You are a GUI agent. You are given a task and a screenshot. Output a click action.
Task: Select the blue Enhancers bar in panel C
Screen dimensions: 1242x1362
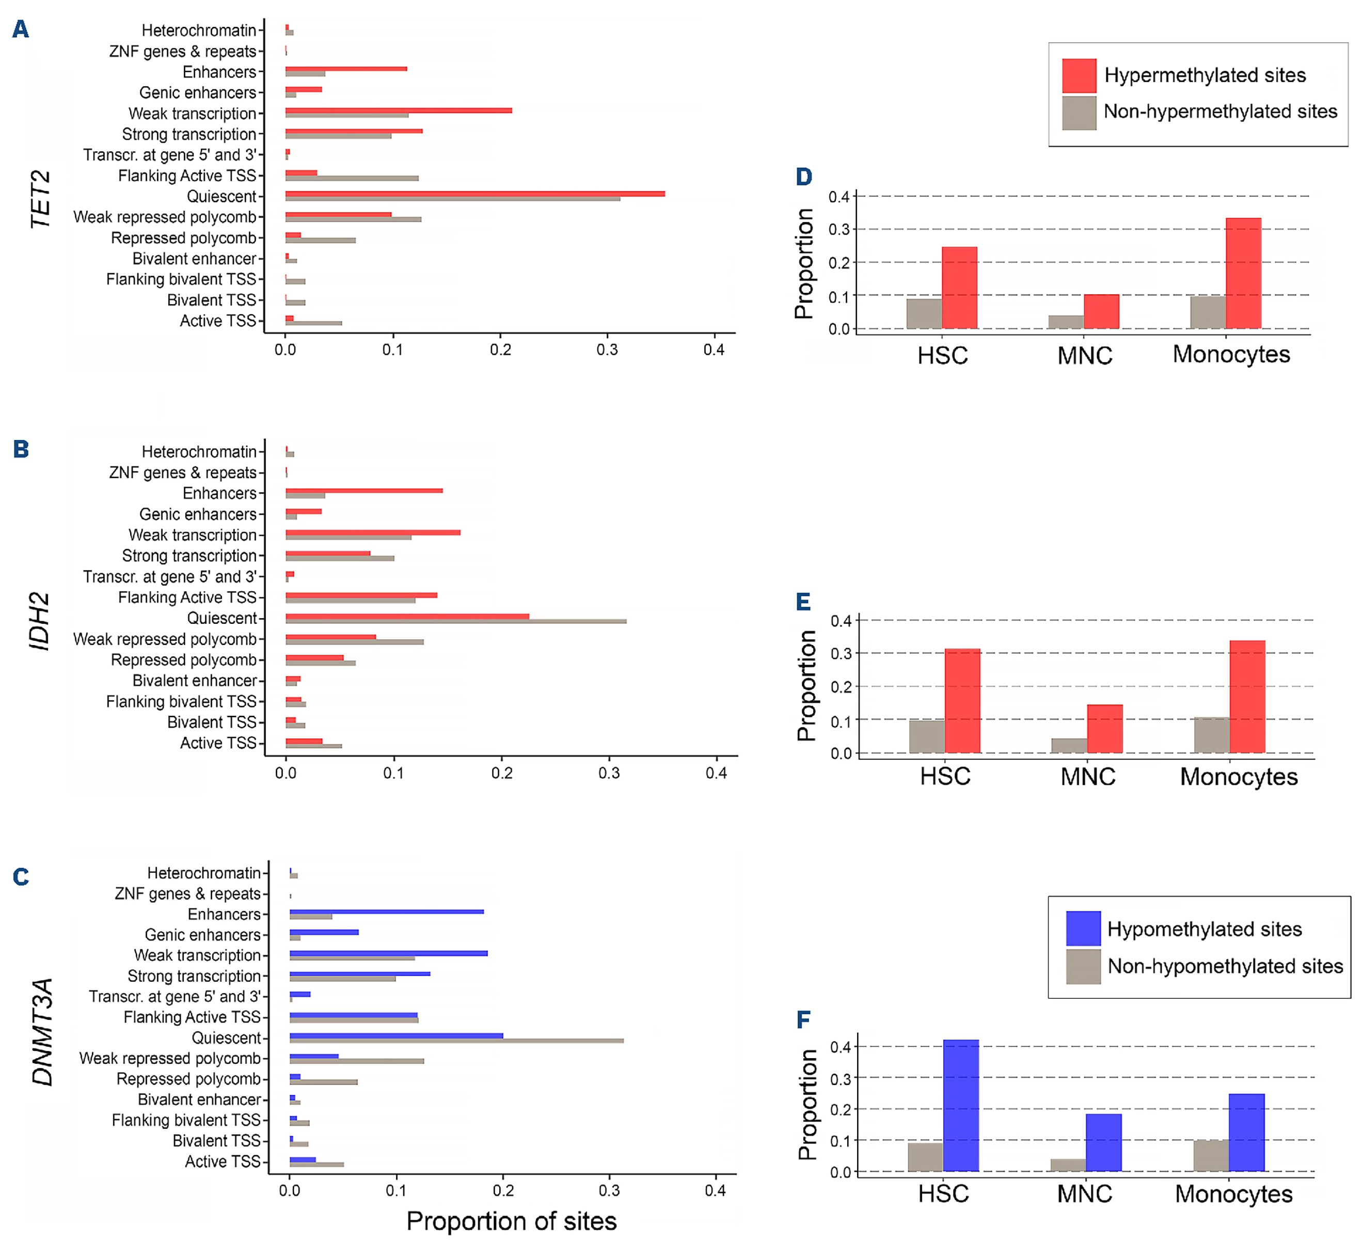pyautogui.click(x=386, y=911)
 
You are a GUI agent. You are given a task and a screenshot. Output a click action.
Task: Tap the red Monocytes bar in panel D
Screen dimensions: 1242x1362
pyautogui.click(x=1243, y=274)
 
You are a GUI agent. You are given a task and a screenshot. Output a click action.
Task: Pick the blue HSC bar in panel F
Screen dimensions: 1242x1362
pyautogui.click(x=961, y=1106)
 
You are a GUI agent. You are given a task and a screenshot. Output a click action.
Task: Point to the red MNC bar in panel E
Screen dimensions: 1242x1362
pyautogui.click(x=1104, y=729)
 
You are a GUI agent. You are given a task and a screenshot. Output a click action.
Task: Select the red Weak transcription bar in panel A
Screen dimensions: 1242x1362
pyautogui.click(x=399, y=110)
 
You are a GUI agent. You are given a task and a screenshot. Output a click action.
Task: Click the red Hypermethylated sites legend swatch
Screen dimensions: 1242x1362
pyautogui.click(x=1079, y=76)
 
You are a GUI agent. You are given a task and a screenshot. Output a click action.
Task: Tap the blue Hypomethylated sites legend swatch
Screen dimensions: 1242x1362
pyautogui.click(x=1083, y=929)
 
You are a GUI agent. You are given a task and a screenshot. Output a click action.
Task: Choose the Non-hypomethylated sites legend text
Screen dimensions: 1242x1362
pyautogui.click(x=1225, y=966)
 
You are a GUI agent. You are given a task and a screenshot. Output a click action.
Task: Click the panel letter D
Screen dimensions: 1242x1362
pyautogui.click(x=803, y=177)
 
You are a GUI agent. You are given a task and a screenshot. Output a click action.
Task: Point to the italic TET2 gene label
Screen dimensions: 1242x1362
pyautogui.click(x=41, y=199)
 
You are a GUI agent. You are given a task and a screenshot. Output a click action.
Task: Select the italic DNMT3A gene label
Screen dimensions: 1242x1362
pyautogui.click(x=42, y=1031)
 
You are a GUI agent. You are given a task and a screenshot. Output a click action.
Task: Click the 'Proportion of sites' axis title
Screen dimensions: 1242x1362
pyautogui.click(x=512, y=1221)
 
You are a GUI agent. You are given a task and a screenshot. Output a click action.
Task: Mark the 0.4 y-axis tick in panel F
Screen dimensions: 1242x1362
pyautogui.click(x=841, y=1047)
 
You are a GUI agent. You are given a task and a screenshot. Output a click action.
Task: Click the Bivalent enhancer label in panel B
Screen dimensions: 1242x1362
pyautogui.click(x=195, y=681)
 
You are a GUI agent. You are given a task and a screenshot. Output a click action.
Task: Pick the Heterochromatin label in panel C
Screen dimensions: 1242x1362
pyautogui.click(x=203, y=873)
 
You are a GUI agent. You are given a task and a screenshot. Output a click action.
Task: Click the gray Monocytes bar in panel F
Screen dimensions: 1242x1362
pyautogui.click(x=1211, y=1156)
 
